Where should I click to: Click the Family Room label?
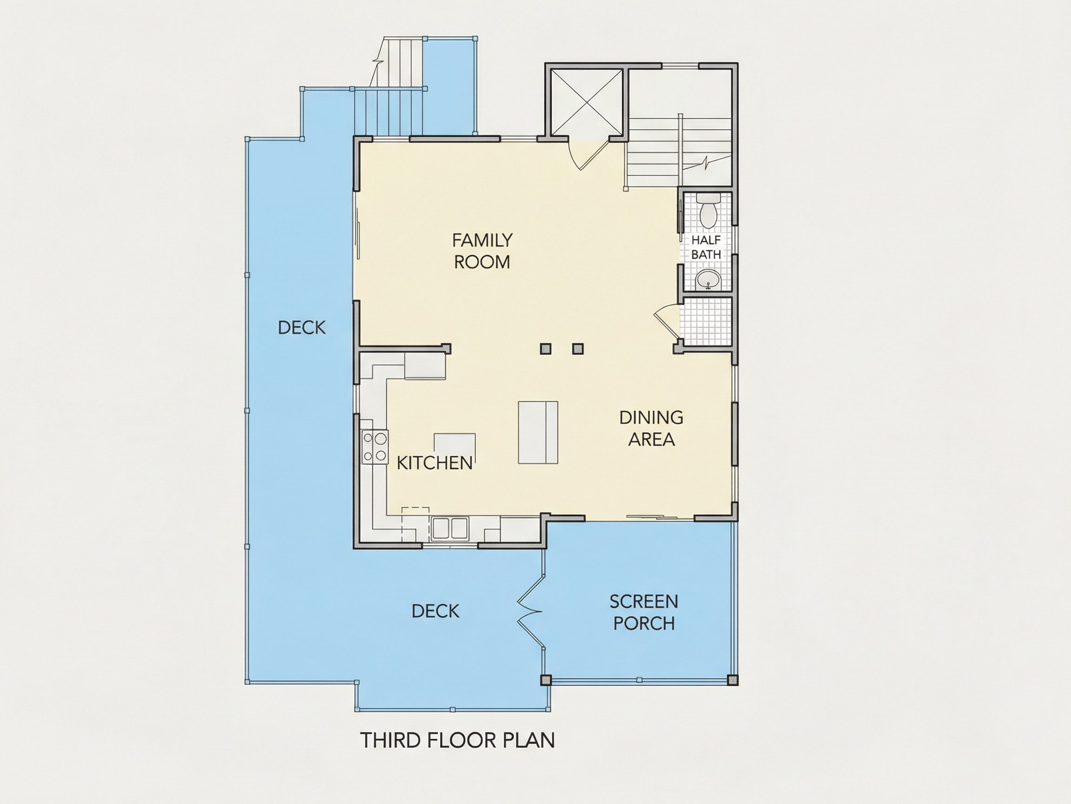pos(482,251)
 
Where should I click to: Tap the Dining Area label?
pos(651,429)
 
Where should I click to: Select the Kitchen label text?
pos(434,463)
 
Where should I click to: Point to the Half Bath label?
pos(706,247)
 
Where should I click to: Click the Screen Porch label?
pos(643,613)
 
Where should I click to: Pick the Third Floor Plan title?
pos(457,741)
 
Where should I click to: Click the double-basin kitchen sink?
pos(450,529)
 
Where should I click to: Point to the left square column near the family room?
pos(546,348)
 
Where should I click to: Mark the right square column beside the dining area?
pos(578,348)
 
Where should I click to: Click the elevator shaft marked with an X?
pos(586,102)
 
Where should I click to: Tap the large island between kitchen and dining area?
pos(538,432)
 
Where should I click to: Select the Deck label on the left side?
pos(302,328)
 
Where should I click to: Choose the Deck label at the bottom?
pos(435,611)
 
